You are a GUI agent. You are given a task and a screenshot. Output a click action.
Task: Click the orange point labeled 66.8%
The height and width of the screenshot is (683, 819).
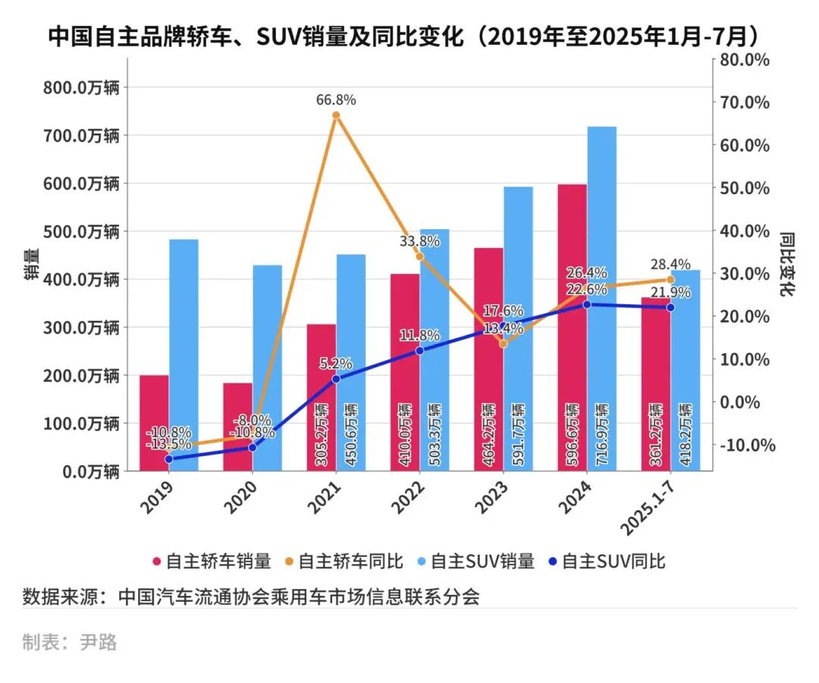[336, 115]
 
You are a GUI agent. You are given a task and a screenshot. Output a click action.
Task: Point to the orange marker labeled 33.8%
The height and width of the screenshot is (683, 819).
[419, 257]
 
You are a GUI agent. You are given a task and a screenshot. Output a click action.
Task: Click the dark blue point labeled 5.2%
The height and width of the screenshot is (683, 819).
[336, 379]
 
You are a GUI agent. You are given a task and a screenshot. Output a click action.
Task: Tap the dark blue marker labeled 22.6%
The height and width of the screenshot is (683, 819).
[586, 304]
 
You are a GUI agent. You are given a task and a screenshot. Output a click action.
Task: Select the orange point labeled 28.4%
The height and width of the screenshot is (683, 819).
[670, 279]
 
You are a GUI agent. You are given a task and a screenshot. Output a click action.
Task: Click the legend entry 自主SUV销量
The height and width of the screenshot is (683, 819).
[475, 562]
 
